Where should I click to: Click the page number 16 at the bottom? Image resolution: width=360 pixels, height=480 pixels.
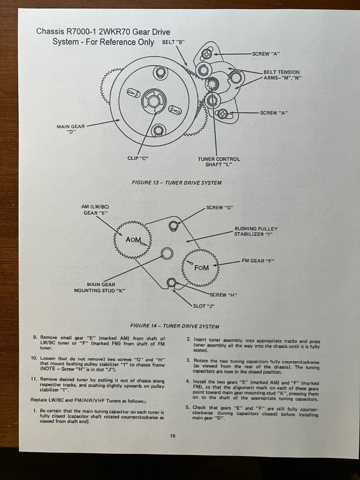pyautogui.click(x=172, y=436)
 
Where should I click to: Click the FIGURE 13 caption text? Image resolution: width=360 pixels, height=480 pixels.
pyautogui.click(x=176, y=182)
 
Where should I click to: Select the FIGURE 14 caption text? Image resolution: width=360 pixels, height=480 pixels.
pyautogui.click(x=178, y=326)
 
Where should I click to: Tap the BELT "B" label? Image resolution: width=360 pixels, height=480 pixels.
pyautogui.click(x=174, y=42)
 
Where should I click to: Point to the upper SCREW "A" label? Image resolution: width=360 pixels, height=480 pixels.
pyautogui.click(x=266, y=54)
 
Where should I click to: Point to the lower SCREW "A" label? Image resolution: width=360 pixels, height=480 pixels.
pyautogui.click(x=275, y=113)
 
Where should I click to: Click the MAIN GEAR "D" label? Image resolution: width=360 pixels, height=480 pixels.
pyautogui.click(x=71, y=129)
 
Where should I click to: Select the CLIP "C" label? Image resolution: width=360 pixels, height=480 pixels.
pyautogui.click(x=138, y=158)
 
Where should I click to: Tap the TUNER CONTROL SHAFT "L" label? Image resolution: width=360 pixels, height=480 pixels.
pyautogui.click(x=218, y=162)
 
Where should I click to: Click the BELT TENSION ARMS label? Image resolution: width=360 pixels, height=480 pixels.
pyautogui.click(x=281, y=75)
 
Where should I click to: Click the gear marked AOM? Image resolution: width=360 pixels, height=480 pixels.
pyautogui.click(x=132, y=240)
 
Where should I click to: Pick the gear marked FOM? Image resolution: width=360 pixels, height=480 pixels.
pyautogui.click(x=202, y=267)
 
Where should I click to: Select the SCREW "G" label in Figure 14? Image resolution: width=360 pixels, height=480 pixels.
pyautogui.click(x=221, y=207)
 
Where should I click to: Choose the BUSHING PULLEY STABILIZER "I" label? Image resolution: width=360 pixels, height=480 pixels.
pyautogui.click(x=256, y=231)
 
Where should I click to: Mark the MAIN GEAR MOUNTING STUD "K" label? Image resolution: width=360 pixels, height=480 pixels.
pyautogui.click(x=99, y=287)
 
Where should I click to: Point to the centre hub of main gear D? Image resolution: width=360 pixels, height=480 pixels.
pyautogui.click(x=154, y=101)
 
